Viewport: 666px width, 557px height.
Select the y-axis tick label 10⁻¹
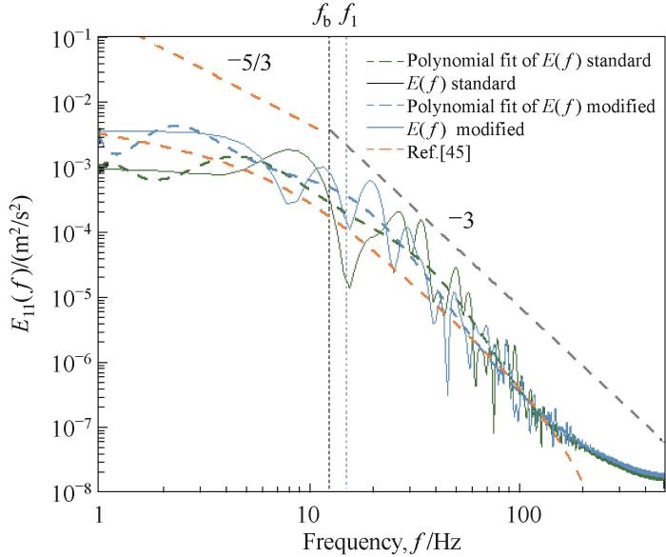(x=69, y=38)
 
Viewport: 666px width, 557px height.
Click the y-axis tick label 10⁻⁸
(x=69, y=491)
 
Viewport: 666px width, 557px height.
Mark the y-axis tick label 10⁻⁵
(x=69, y=297)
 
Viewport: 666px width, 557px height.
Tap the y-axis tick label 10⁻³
(x=69, y=168)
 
